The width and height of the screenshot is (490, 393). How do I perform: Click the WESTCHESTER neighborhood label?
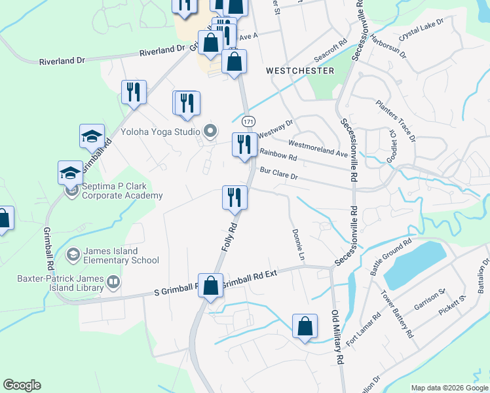click(300, 71)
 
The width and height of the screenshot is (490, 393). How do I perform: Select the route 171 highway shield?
click(248, 122)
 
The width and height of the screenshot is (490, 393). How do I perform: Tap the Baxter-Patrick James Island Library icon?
click(114, 283)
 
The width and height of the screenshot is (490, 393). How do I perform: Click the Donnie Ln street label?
click(299, 242)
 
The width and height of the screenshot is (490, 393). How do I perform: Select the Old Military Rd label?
click(337, 337)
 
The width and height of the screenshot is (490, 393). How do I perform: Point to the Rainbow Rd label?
click(278, 155)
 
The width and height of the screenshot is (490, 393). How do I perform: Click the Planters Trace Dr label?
click(396, 121)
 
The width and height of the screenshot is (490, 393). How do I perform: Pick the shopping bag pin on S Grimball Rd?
click(210, 286)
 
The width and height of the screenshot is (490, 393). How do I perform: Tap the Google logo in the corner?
click(22, 385)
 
